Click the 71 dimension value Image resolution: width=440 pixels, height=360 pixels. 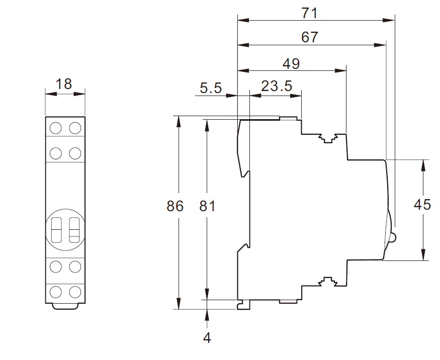pyautogui.click(x=310, y=13)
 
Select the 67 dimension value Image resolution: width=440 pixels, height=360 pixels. pyautogui.click(x=310, y=37)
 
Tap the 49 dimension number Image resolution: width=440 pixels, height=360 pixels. pyautogui.click(x=291, y=64)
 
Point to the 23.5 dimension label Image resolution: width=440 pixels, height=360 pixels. pyautogui.click(x=277, y=86)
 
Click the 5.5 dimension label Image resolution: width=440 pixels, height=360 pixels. pyautogui.click(x=211, y=88)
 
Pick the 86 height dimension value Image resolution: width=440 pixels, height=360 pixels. pyautogui.click(x=175, y=206)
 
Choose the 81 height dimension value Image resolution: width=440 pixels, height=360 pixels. pyautogui.click(x=207, y=206)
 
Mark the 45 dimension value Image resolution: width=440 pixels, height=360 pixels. pyautogui.click(x=422, y=205)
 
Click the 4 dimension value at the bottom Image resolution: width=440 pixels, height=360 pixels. pyautogui.click(x=207, y=338)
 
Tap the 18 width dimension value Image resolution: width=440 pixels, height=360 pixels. pyautogui.click(x=64, y=84)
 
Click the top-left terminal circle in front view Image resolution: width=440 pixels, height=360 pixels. pyautogui.click(x=55, y=128)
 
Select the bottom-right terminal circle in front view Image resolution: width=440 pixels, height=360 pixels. pyautogui.click(x=75, y=292)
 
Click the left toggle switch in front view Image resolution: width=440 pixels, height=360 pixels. pyautogui.click(x=56, y=230)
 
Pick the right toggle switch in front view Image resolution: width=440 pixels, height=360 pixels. pyautogui.click(x=74, y=230)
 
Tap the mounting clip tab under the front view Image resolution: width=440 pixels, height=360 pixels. pyautogui.click(x=65, y=306)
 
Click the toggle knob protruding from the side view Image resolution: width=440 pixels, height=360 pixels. pyautogui.click(x=393, y=238)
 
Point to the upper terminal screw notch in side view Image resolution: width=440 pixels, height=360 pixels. pyautogui.click(x=327, y=138)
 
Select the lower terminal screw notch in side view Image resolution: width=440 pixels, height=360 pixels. pyautogui.click(x=327, y=282)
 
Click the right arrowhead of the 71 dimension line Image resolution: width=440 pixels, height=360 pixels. pyautogui.click(x=389, y=20)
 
